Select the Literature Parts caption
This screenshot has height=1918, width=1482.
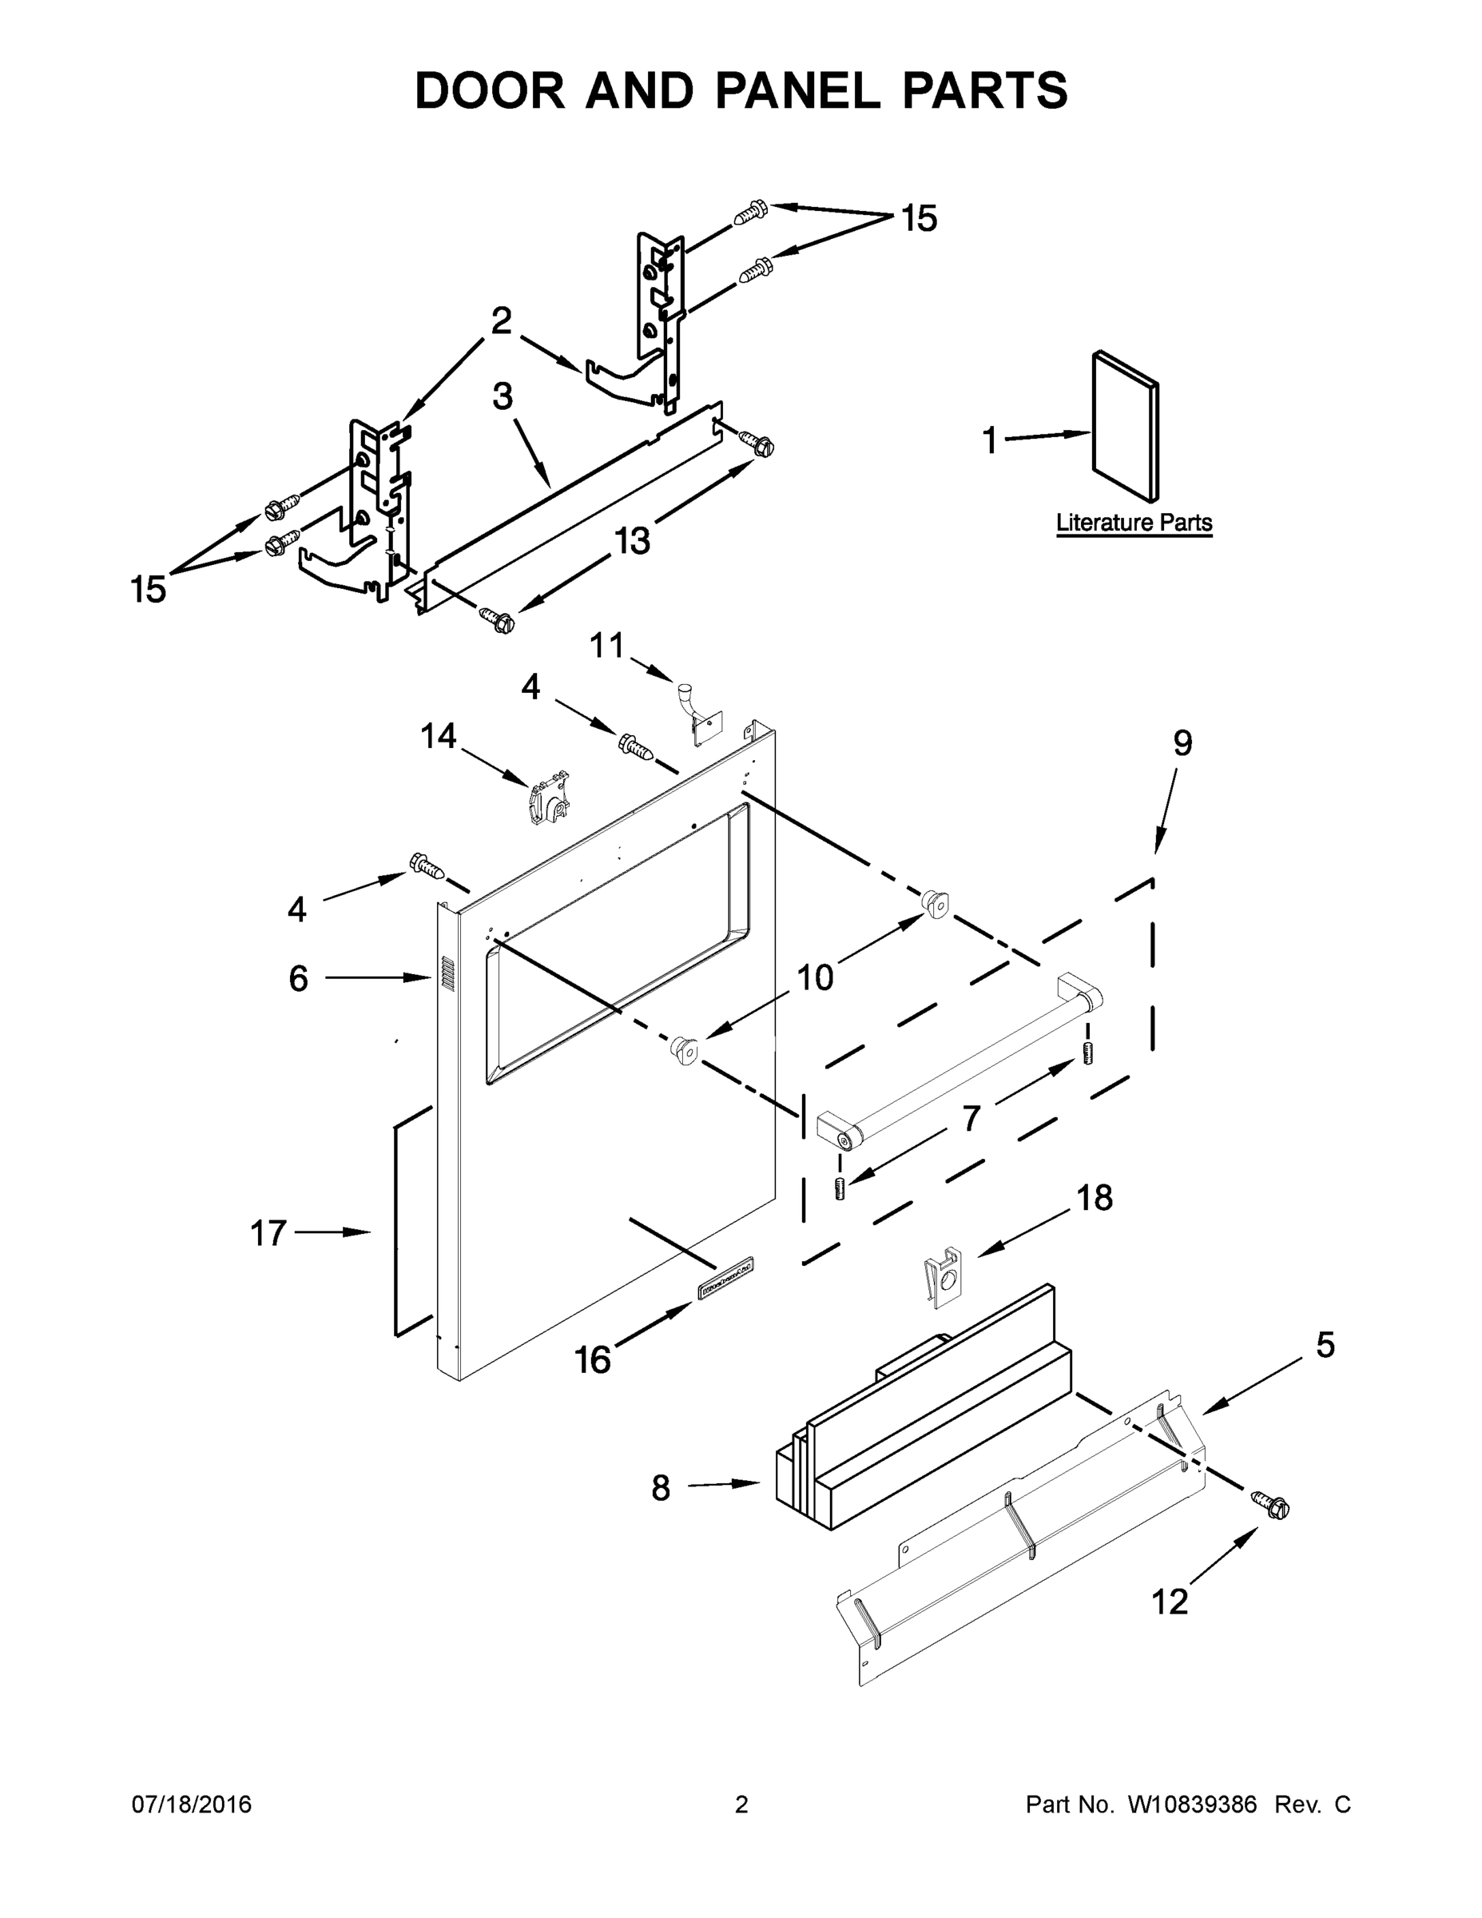1134,523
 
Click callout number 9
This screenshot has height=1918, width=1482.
1182,743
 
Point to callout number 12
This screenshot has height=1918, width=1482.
1170,1602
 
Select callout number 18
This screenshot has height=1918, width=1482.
1095,1197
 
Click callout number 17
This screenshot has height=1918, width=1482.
268,1233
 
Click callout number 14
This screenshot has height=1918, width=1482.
438,736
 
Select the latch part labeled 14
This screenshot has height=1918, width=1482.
548,798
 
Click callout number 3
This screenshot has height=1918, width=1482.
503,396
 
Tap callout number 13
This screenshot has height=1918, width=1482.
631,540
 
